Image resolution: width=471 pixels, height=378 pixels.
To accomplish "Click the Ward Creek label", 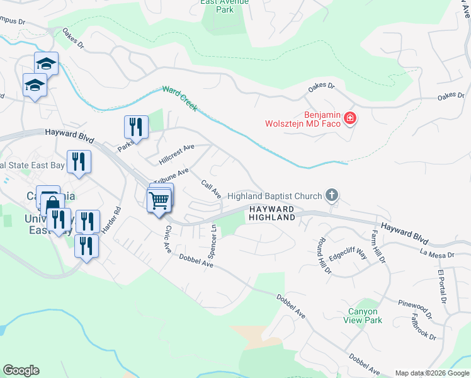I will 180,100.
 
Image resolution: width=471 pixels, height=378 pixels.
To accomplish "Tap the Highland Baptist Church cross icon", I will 332,197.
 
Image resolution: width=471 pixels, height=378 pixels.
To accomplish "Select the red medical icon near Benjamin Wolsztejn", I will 349,118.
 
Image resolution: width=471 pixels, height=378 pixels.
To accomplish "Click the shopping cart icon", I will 159,202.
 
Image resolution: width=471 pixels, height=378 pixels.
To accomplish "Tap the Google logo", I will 21,370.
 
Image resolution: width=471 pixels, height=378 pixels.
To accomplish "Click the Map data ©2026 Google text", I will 431,373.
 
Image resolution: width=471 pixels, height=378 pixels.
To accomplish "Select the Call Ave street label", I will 211,189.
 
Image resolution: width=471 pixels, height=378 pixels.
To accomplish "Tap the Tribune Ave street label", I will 170,177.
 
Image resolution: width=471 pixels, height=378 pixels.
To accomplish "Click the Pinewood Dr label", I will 414,307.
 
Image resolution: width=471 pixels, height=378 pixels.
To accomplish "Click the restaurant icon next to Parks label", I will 137,127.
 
